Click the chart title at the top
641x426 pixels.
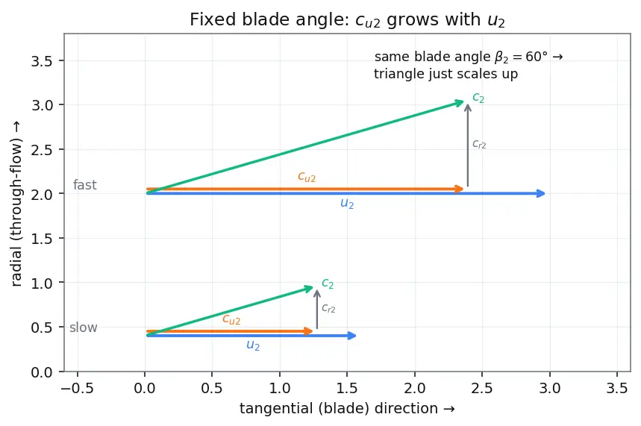point(347,20)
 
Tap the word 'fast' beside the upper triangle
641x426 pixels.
point(84,185)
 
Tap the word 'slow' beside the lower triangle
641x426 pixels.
point(84,328)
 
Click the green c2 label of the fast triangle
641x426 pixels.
point(478,98)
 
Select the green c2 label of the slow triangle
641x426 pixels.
point(328,284)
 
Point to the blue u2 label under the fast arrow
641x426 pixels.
point(347,203)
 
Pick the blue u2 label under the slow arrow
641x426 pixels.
point(253,345)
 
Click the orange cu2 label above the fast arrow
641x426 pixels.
point(307,177)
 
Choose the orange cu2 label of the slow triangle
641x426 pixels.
point(231,319)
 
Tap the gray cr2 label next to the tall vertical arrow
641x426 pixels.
point(479,144)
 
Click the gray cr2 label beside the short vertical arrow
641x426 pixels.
point(328,308)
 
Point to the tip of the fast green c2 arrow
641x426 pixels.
point(463,101)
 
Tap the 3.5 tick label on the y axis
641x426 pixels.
point(42,61)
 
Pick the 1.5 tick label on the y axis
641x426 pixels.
point(42,239)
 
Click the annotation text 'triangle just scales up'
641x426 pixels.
point(445,74)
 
